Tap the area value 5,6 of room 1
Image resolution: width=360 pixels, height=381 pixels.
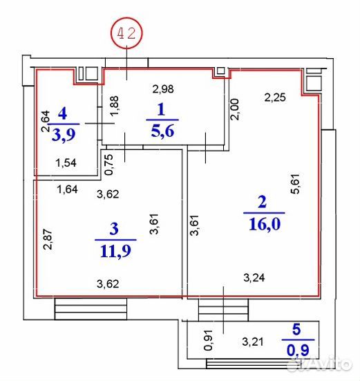tap(162, 131)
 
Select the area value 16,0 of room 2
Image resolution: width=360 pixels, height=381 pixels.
tap(265, 224)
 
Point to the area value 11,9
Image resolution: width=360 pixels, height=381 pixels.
tap(116, 251)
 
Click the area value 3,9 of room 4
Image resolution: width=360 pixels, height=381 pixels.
tap(64, 135)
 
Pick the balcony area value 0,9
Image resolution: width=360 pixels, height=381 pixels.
tap(298, 351)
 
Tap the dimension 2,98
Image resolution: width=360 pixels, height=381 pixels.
tap(163, 89)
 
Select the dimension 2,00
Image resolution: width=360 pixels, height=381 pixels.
tap(235, 109)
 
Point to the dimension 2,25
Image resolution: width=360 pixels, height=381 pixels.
tap(275, 97)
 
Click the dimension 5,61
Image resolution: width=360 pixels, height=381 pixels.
tap(296, 183)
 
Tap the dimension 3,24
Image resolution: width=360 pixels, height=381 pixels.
tap(254, 277)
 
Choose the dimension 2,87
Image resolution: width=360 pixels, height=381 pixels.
tap(48, 239)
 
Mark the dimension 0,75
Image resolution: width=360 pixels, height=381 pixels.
tap(108, 165)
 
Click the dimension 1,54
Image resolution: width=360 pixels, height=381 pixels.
tap(66, 162)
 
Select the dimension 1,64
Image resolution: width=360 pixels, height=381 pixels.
tap(67, 189)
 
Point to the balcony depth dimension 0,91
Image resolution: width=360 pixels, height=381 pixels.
tap(209, 340)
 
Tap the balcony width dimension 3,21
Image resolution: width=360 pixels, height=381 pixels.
tap(253, 342)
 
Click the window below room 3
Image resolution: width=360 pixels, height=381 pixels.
tap(91, 309)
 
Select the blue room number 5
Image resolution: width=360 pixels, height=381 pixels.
tap(296, 330)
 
